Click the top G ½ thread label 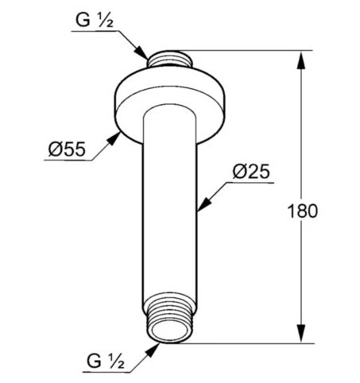click(95, 20)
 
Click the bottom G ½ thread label click(105, 361)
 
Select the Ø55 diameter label click(67, 149)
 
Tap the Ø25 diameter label click(251, 172)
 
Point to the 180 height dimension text click(302, 211)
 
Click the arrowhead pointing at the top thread click(141, 53)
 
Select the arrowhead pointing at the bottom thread click(153, 350)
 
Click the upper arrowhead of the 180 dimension click(300, 60)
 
